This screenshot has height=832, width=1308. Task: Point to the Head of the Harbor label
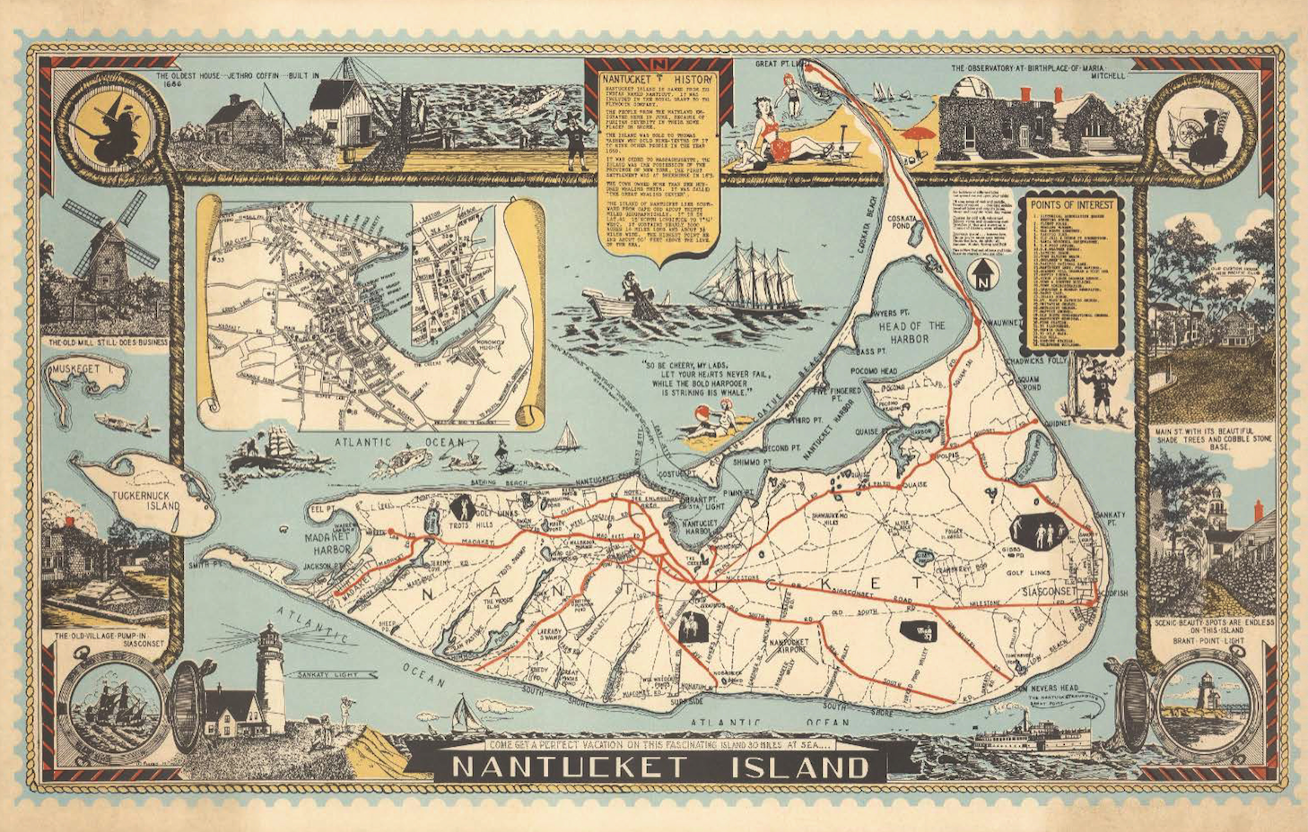(911, 332)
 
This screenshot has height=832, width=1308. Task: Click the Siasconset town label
(1048, 593)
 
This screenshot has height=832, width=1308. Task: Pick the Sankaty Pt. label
(1110, 519)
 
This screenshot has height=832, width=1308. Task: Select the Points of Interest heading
(1073, 204)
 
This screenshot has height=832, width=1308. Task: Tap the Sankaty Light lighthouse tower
(270, 677)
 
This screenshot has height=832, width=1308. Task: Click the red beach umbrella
(916, 135)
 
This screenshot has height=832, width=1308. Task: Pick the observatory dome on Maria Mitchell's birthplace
(963, 92)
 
